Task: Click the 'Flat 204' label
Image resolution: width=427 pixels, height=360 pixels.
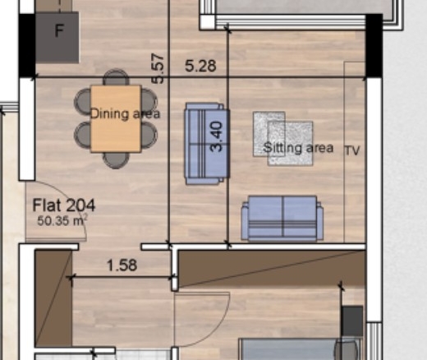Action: (64, 205)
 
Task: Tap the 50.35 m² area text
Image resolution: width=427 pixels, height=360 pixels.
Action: (62, 220)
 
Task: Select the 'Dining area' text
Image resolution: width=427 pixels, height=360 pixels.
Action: (125, 113)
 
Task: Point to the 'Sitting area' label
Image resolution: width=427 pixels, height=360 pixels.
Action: (298, 148)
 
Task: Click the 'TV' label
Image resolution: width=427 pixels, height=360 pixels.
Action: (352, 150)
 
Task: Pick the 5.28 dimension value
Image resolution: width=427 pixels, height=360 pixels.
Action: (200, 66)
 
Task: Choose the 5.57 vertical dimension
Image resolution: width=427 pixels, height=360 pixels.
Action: (158, 68)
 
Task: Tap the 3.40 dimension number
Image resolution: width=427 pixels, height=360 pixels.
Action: (216, 136)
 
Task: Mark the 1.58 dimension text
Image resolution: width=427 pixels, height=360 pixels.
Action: (122, 265)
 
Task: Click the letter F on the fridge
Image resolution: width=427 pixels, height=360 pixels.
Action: (59, 30)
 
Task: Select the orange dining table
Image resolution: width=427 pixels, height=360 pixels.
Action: (116, 118)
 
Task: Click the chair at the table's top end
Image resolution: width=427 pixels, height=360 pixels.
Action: (116, 77)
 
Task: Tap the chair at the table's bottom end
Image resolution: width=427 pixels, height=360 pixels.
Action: (116, 159)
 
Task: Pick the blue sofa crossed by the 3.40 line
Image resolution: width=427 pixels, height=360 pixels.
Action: (207, 144)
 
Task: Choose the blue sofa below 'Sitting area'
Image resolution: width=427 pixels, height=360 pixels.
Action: (282, 219)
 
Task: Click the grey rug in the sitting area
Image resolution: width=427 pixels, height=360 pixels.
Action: (283, 139)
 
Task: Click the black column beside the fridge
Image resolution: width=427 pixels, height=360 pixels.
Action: (27, 46)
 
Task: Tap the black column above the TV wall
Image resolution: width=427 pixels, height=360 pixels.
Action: (374, 45)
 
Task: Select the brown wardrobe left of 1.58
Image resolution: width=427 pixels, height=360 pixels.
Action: (53, 298)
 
